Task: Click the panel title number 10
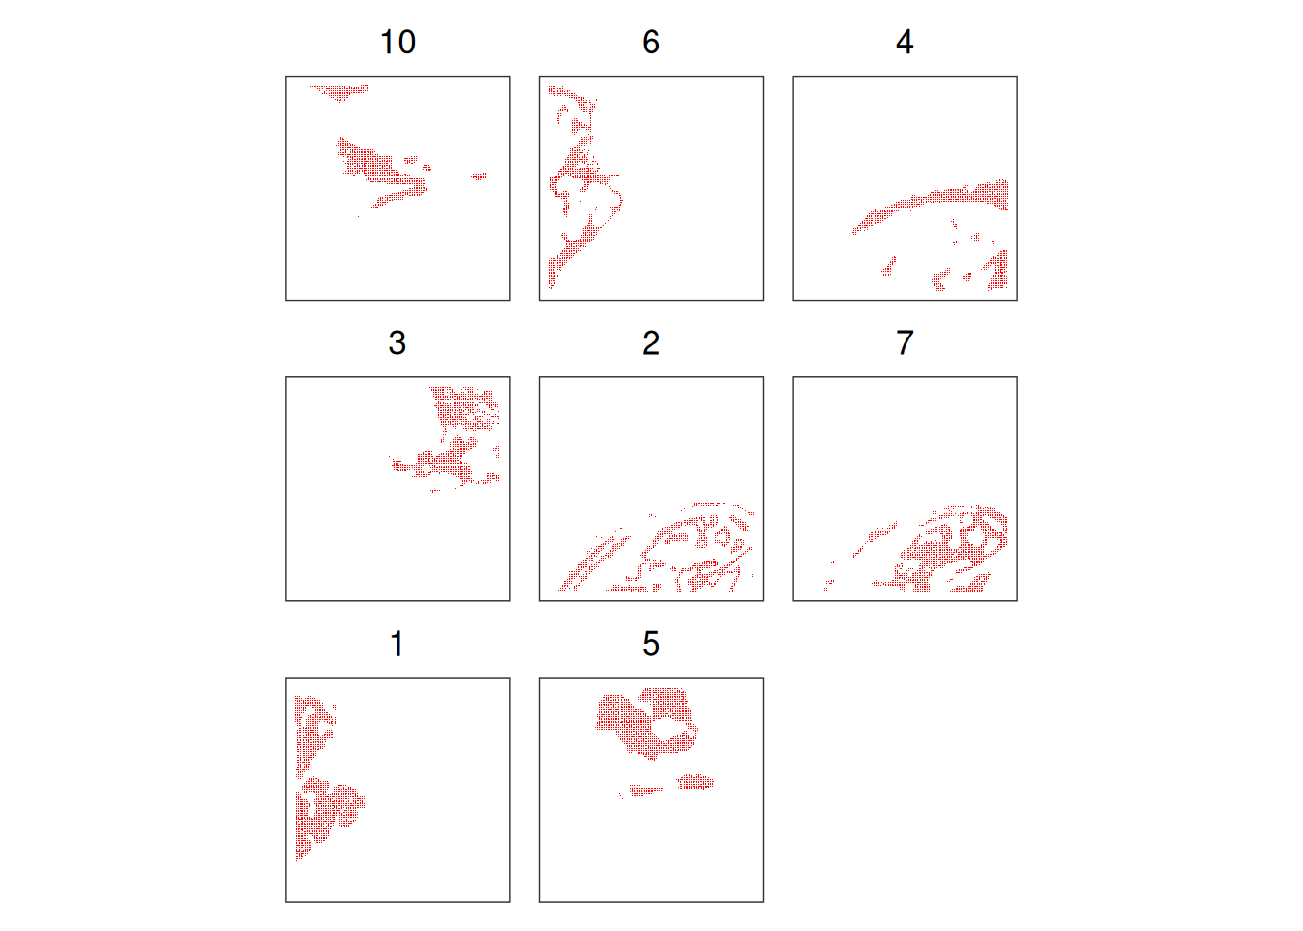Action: pyautogui.click(x=397, y=42)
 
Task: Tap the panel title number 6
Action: pyautogui.click(x=651, y=42)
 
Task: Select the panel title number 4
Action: pyautogui.click(x=905, y=42)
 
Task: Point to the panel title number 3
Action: pyautogui.click(x=397, y=342)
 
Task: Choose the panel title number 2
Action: pyautogui.click(x=651, y=342)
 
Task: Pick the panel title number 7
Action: pyautogui.click(x=905, y=342)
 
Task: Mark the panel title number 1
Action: pyautogui.click(x=397, y=644)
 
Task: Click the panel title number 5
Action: pyautogui.click(x=651, y=644)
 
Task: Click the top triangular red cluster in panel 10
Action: pyautogui.click(x=340, y=92)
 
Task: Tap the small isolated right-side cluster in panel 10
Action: pyautogui.click(x=479, y=176)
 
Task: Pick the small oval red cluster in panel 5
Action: pyautogui.click(x=696, y=782)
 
